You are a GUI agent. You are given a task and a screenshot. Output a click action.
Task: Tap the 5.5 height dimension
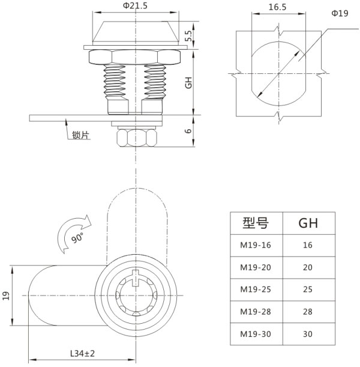tap(188, 37)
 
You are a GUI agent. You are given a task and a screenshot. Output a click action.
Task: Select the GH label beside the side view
tap(188, 83)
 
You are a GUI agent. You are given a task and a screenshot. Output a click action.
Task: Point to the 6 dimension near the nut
tap(188, 132)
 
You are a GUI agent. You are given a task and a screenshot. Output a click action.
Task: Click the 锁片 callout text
tap(80, 136)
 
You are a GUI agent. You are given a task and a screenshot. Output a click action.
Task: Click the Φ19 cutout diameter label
tap(340, 13)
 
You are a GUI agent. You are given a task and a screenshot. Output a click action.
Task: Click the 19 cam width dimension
tap(7, 296)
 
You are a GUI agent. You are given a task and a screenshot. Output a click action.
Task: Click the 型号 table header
tap(256, 223)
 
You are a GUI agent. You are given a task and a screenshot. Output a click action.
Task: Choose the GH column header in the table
tap(308, 223)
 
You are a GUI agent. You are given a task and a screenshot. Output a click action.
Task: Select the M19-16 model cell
tap(256, 245)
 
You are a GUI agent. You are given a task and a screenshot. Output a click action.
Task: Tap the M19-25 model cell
tap(256, 290)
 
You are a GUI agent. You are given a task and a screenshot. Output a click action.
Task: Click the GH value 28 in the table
tap(308, 311)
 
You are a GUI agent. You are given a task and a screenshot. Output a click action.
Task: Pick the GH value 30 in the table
tap(308, 333)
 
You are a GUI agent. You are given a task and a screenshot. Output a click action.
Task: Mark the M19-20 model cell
tap(256, 267)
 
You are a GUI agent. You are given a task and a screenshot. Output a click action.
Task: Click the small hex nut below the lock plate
tap(134, 138)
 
